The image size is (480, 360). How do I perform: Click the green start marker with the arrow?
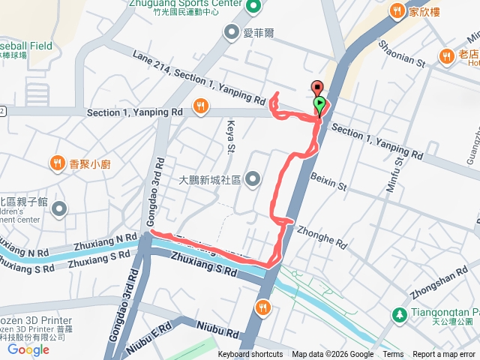(320, 104)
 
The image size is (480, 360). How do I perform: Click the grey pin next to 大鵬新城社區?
(253, 178)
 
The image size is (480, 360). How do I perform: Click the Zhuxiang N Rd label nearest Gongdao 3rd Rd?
(105, 241)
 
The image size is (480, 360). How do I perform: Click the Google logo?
(28, 349)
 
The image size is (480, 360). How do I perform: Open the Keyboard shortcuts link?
(250, 355)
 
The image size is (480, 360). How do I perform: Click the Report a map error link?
(445, 355)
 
